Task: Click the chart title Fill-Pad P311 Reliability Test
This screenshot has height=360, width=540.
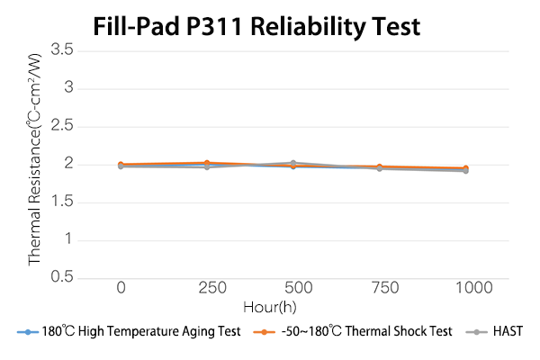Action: pyautogui.click(x=257, y=26)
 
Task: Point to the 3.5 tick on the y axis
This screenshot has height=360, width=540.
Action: pyautogui.click(x=62, y=49)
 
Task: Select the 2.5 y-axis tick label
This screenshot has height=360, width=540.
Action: pyautogui.click(x=62, y=126)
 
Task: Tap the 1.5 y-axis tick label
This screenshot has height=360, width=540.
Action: pyautogui.click(x=62, y=202)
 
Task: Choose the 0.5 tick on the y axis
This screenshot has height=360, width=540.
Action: pyautogui.click(x=62, y=277)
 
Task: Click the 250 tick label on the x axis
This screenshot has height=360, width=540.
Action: pyautogui.click(x=207, y=288)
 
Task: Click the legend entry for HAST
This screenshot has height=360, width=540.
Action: pyautogui.click(x=507, y=332)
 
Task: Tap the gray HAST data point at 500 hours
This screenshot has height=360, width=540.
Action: pyautogui.click(x=293, y=163)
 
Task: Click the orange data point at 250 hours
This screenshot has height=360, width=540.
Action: pyautogui.click(x=207, y=163)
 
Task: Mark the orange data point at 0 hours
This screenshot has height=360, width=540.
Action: pyautogui.click(x=121, y=165)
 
